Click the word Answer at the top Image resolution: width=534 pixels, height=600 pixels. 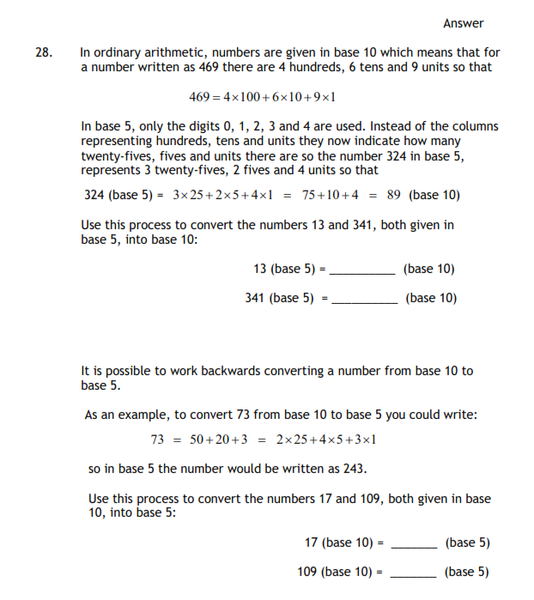pyautogui.click(x=464, y=23)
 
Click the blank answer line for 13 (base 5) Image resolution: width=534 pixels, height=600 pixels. pyautogui.click(x=363, y=273)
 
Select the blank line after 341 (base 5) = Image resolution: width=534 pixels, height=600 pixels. pyautogui.click(x=364, y=302)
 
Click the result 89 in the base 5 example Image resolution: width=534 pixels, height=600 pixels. pyautogui.click(x=394, y=195)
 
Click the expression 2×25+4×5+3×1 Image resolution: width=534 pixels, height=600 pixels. pyautogui.click(x=326, y=439)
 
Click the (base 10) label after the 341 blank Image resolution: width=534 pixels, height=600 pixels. pyautogui.click(x=431, y=298)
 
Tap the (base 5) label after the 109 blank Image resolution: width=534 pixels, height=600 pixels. pyautogui.click(x=467, y=572)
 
